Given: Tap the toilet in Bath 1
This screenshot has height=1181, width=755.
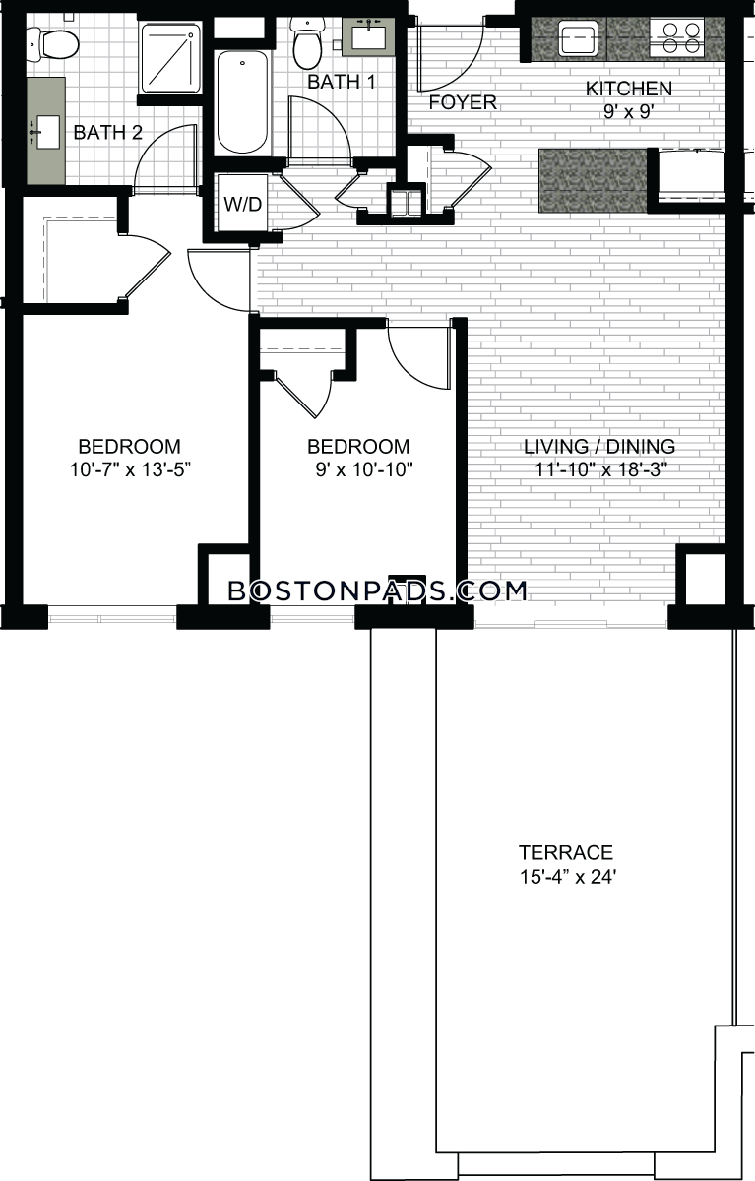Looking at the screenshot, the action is pos(307,45).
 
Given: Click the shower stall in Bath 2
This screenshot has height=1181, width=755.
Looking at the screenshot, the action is pos(169,57).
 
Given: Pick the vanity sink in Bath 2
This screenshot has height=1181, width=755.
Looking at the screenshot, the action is pos(46,132).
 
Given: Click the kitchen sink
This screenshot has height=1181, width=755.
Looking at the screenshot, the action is pos(578,38).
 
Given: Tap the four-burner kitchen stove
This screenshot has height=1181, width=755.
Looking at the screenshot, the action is pos(677,37).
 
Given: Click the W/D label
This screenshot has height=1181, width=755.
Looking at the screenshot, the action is pos(242,204).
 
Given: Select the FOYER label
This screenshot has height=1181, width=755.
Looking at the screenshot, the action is pos(463,102).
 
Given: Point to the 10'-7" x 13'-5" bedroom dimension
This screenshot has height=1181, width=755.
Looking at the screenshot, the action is pos(130,469).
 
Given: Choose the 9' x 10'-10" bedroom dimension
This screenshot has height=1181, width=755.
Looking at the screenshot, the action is pos(364,469).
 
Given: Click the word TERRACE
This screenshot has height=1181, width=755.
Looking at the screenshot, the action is pos(566,852).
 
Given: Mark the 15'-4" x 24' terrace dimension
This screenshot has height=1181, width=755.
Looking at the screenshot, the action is pos(568,877).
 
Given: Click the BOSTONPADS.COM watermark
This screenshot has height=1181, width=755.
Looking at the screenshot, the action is pos(378,591).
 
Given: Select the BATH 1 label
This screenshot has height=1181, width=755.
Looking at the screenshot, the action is pos(342,82).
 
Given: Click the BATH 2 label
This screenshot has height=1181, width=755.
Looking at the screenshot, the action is pos(108,132).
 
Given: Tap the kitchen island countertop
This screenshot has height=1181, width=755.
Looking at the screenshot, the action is pos(593,180).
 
